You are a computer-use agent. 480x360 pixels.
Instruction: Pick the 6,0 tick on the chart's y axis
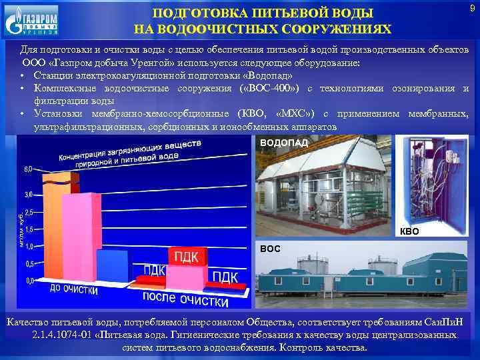point(27,169)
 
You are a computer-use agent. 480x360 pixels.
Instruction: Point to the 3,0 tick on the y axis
point(27,194)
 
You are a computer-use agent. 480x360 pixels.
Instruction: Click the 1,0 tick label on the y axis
point(27,247)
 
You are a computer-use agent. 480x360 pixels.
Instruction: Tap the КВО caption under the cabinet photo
point(409,232)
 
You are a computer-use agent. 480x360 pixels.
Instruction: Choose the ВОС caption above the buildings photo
point(270,248)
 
